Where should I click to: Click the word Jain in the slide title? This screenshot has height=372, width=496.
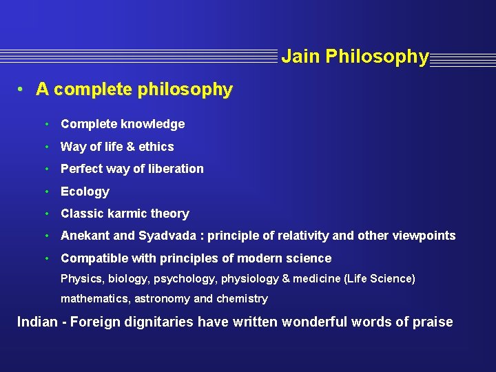(x=300, y=56)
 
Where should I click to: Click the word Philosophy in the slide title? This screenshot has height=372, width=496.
(x=377, y=56)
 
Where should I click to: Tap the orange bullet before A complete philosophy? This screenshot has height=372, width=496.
(x=22, y=90)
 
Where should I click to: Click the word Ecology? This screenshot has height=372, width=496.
(x=85, y=192)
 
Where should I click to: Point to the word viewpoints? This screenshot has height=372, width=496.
(x=424, y=236)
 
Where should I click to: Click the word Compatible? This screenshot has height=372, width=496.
(x=93, y=258)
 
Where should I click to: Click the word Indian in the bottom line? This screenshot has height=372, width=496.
(x=37, y=322)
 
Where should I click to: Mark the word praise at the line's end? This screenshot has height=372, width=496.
(x=432, y=322)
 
